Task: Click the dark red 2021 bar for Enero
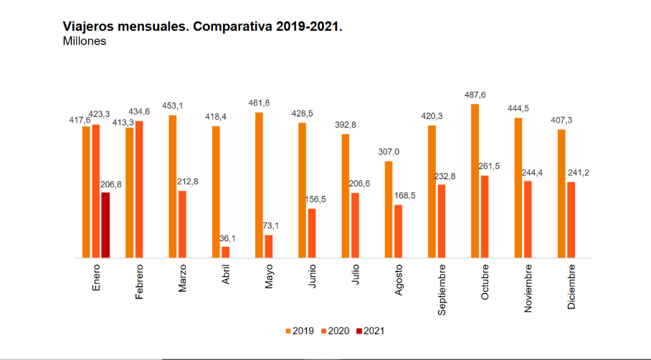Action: click(x=105, y=224)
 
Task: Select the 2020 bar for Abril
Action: click(x=226, y=252)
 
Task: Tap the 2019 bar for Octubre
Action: click(x=475, y=181)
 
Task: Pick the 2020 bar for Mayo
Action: click(x=269, y=246)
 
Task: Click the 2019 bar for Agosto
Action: click(x=389, y=209)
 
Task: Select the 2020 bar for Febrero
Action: click(x=139, y=189)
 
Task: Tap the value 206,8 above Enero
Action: click(x=110, y=184)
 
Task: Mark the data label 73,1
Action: click(x=270, y=226)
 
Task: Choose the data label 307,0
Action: click(x=389, y=152)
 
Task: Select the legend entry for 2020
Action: click(x=334, y=331)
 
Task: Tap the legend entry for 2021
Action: click(x=369, y=331)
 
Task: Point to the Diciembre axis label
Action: click(x=571, y=287)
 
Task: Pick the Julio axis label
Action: click(x=356, y=276)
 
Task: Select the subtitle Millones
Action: click(x=85, y=42)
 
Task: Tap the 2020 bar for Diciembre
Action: click(x=571, y=219)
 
